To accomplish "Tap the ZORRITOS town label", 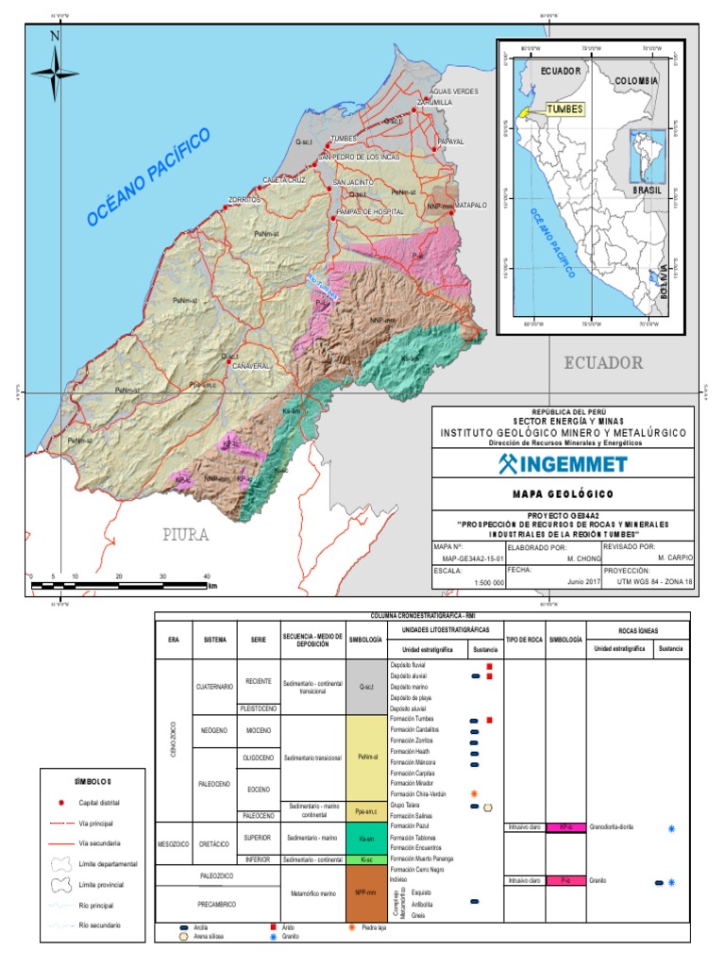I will [244, 200].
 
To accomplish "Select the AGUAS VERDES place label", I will [454, 91].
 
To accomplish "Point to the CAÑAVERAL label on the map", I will [251, 365].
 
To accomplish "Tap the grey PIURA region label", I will [185, 535].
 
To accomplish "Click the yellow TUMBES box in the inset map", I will [565, 109].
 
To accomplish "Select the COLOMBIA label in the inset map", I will [635, 81].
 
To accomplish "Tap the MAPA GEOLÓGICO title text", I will [562, 494].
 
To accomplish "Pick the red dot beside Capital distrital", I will [60, 803].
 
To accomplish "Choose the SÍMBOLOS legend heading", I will [93, 781].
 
